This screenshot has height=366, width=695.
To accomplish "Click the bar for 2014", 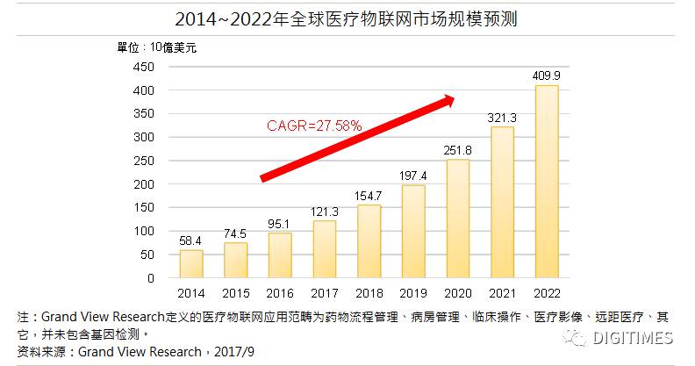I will point(191,264).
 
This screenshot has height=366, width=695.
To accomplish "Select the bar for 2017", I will point(325,249).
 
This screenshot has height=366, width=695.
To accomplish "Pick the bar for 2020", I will point(457,219).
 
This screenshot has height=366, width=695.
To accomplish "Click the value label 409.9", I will point(546,75).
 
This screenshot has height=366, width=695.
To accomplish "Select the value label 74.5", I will point(235,233).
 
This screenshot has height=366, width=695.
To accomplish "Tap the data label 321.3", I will point(502,117).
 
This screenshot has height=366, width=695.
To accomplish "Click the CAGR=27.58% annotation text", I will point(313,126).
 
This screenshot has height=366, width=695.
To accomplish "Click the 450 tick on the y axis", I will point(143,67).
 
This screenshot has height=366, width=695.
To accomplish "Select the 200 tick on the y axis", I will point(143,184).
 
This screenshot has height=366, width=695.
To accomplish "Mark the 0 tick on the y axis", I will point(151,278).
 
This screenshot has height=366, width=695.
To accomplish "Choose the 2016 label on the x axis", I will point(280,293).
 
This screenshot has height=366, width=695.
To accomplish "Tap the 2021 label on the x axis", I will point(502,293).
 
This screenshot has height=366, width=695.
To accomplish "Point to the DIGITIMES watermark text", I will point(631,338).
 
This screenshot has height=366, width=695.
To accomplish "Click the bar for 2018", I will point(369,241).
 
